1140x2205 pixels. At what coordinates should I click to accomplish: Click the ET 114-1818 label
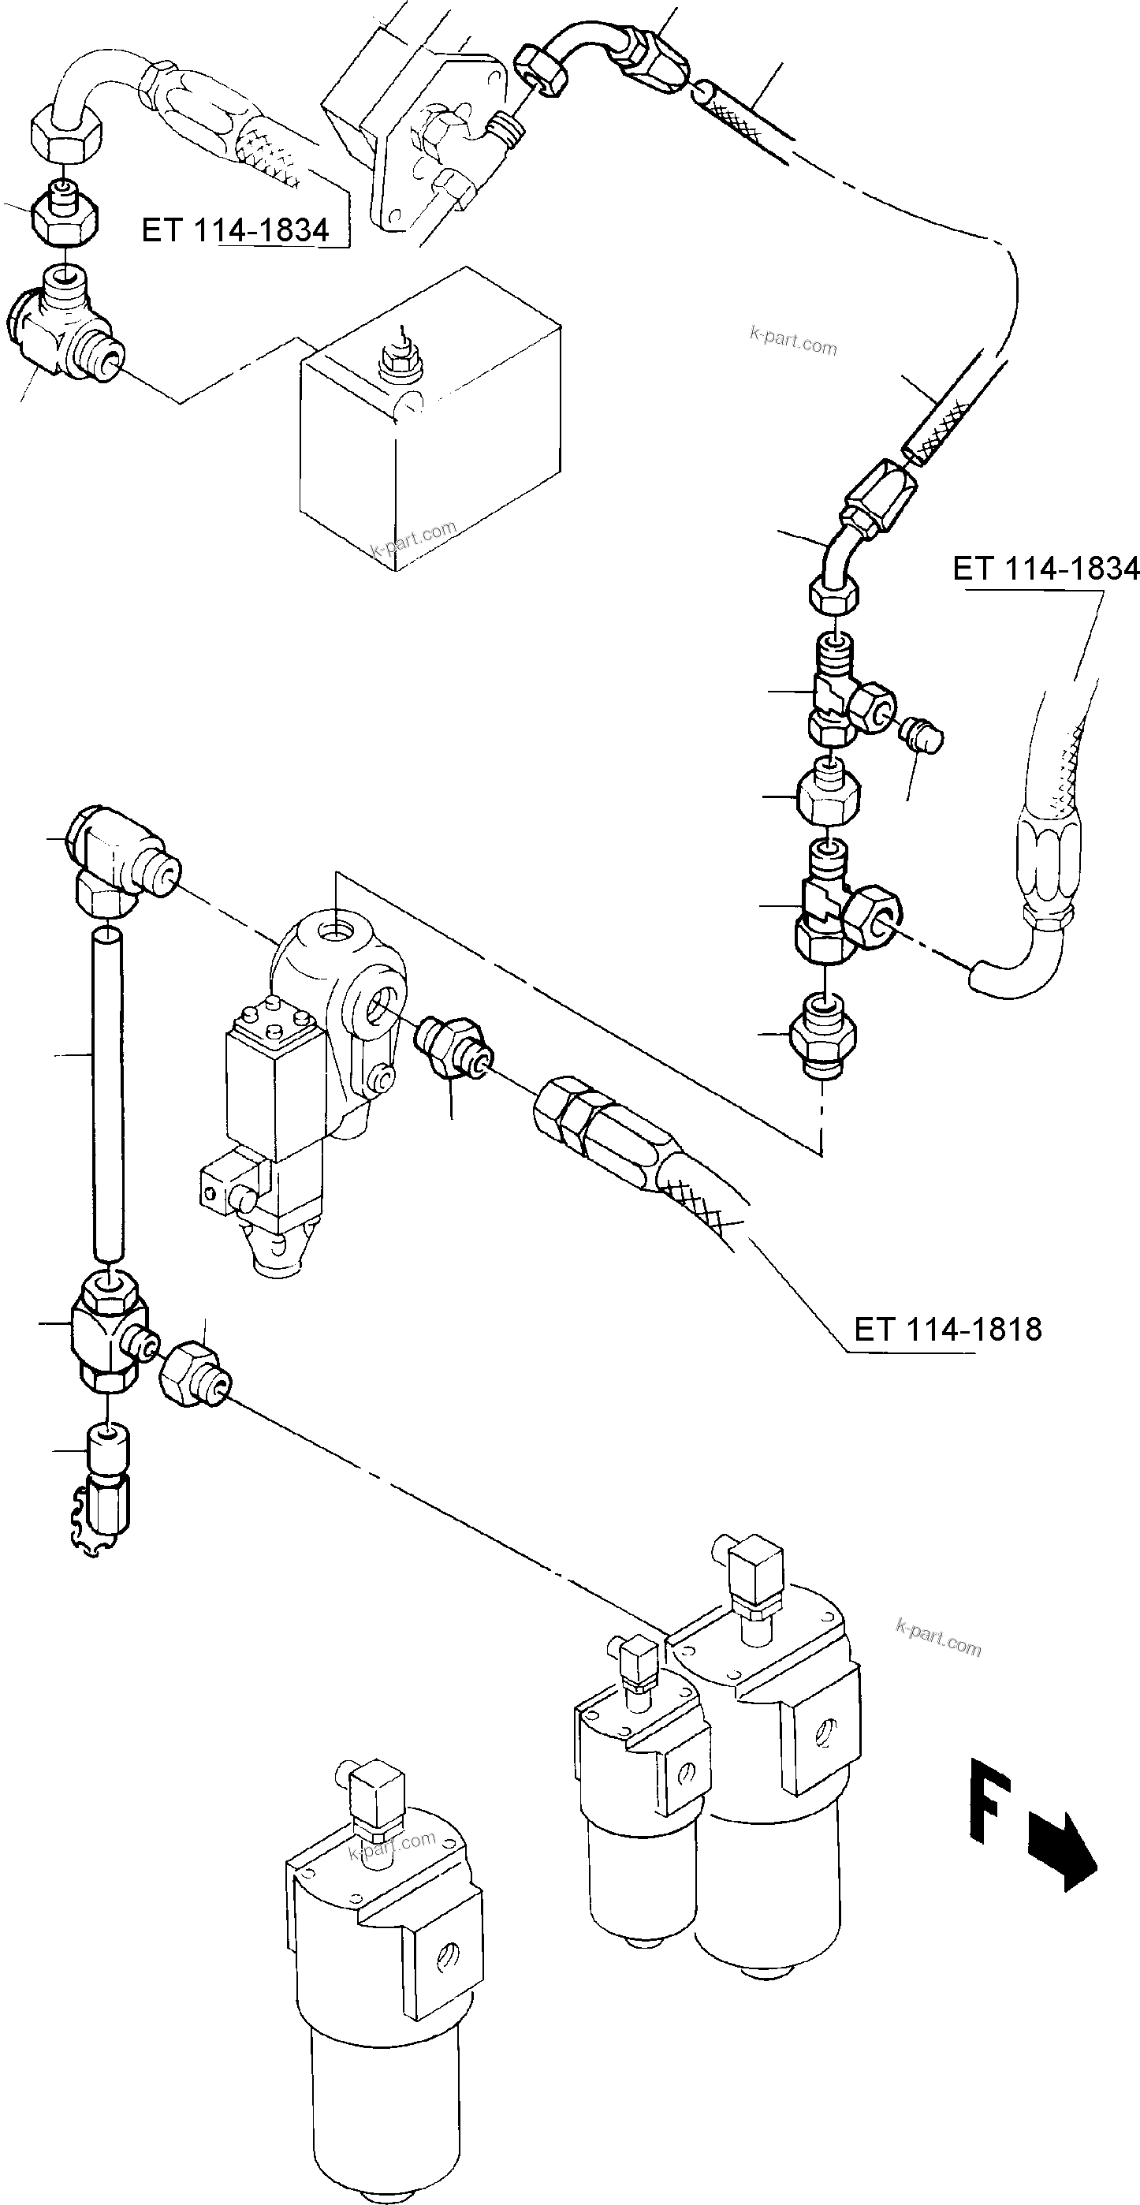pyautogui.click(x=948, y=1330)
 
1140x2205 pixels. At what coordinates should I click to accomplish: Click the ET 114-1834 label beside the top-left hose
pyautogui.click(x=236, y=230)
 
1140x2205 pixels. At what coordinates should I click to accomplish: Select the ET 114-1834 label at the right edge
pyautogui.click(x=1046, y=569)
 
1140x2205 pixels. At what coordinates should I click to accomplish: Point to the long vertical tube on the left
pyautogui.click(x=106, y=1095)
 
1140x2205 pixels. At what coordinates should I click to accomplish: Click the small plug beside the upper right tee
pyautogui.click(x=922, y=734)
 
